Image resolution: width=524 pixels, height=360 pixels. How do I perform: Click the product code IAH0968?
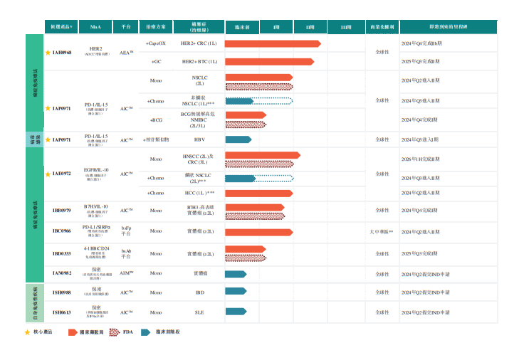(x=61, y=53)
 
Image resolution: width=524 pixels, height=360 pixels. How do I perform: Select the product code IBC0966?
(x=61, y=231)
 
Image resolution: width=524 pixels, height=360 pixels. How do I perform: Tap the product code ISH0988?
(x=61, y=292)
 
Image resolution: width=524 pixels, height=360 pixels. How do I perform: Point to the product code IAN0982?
(x=61, y=273)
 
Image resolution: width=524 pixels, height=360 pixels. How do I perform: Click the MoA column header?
(x=95, y=27)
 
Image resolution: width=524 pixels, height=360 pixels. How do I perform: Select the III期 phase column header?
(x=346, y=27)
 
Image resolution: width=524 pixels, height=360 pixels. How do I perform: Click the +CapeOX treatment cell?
(x=156, y=43)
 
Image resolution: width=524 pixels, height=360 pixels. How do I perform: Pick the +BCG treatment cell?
(x=156, y=120)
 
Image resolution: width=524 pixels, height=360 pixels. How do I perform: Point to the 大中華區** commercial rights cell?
(x=382, y=232)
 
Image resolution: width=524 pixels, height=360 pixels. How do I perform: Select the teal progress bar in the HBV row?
(x=238, y=139)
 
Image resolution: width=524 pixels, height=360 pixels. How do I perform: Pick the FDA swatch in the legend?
(x=112, y=332)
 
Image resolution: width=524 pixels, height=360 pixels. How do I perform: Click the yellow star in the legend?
(x=27, y=332)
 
